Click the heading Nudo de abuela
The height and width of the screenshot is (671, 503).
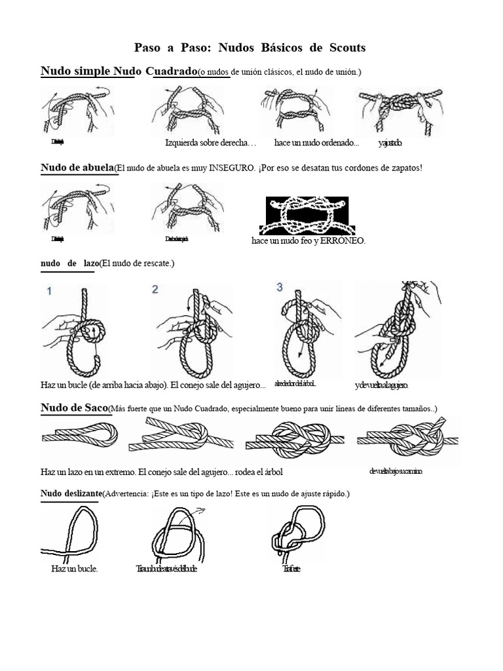[77, 168]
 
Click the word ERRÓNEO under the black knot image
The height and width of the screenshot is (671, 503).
[343, 241]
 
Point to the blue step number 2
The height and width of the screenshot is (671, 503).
[155, 290]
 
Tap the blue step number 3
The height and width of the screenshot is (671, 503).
[280, 288]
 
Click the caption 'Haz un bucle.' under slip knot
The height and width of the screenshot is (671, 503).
[75, 569]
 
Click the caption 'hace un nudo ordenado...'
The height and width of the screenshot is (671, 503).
[317, 143]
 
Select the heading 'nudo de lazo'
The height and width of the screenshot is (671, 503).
[69, 263]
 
